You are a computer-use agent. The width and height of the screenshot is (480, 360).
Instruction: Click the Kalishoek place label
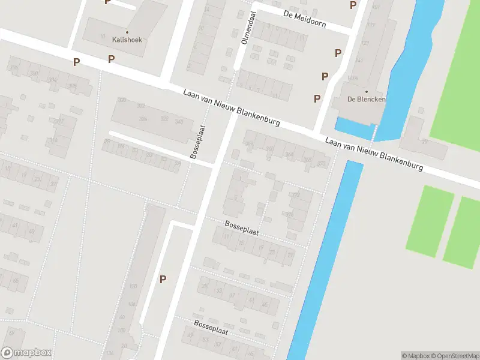click(127, 40)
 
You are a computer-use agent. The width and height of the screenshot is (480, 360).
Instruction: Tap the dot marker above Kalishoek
click(127, 32)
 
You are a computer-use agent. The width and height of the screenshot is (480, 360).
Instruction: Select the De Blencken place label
click(366, 100)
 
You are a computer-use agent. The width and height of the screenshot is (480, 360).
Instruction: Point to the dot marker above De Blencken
click(367, 91)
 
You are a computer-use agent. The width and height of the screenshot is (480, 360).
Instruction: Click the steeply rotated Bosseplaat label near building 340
click(198, 142)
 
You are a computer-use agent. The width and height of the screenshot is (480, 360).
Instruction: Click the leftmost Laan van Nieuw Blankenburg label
click(232, 107)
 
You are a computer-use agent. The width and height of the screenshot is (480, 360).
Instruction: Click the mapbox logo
click(26, 353)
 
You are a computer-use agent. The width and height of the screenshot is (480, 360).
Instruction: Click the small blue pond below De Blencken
click(354, 125)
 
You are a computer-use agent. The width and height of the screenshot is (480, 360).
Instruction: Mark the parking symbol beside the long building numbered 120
click(163, 279)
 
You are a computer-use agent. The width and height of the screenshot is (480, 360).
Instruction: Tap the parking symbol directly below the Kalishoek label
click(111, 59)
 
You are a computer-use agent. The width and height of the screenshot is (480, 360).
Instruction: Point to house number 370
click(290, 215)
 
